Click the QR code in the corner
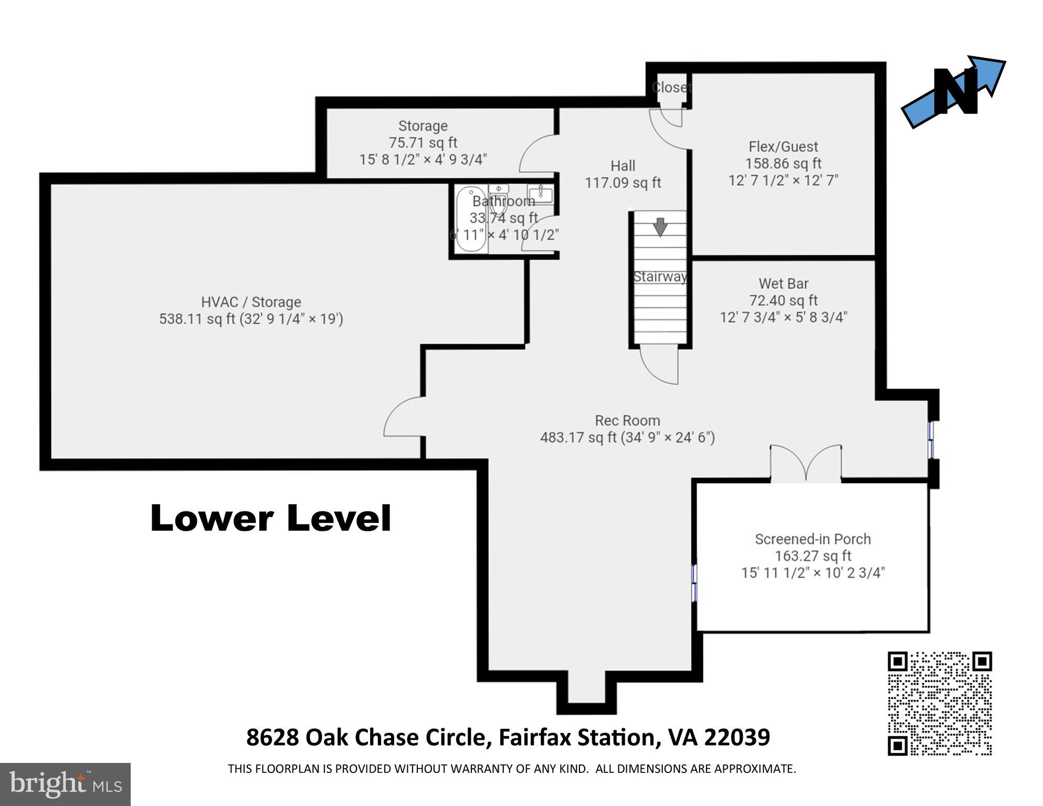939,703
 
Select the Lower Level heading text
270,519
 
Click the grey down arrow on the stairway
660,227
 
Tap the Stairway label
660,277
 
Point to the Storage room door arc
536,154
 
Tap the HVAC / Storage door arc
403,417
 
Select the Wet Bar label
783,284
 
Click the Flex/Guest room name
783,146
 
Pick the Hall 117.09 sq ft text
623,182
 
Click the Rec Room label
627,421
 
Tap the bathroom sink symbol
540,194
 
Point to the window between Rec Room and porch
694,582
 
